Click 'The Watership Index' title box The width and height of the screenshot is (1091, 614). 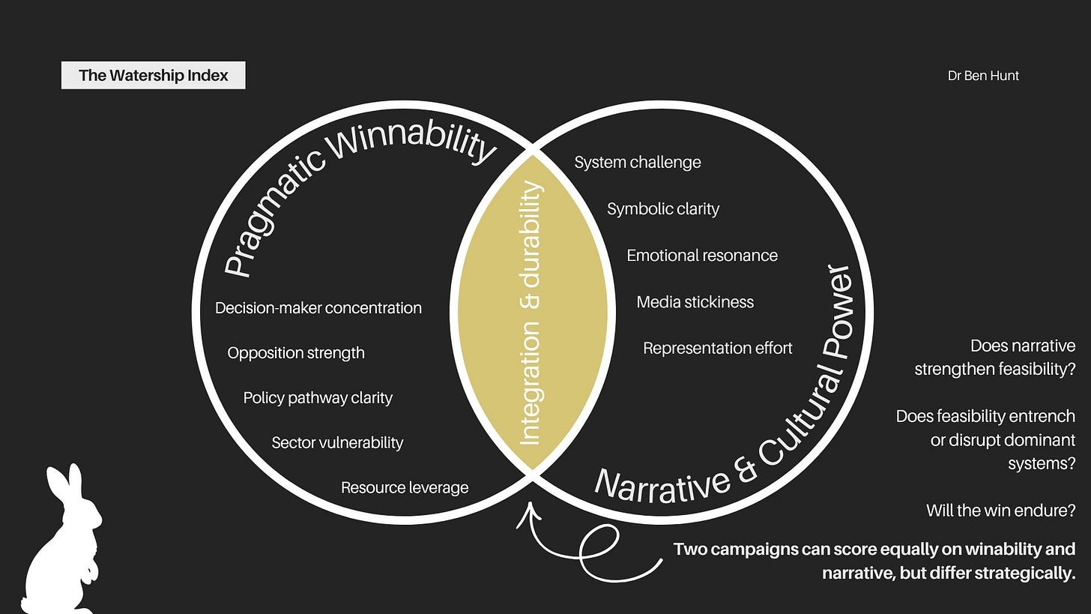point(154,76)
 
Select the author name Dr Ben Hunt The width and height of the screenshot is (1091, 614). point(983,76)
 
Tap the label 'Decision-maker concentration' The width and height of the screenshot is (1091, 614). point(318,308)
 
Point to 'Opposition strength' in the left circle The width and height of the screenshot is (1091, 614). point(296,353)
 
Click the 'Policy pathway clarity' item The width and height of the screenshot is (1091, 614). point(318,398)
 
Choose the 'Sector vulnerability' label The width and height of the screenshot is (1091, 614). point(337,443)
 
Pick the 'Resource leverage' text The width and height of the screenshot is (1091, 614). point(405,488)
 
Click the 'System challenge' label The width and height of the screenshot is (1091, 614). point(638,163)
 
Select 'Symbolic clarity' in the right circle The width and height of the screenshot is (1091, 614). point(663,209)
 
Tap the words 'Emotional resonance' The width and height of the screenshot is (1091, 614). point(702,256)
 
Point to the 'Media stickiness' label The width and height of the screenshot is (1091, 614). point(695,302)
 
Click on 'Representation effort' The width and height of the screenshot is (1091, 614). point(717,349)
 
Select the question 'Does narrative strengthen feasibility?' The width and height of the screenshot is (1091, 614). point(995,358)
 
